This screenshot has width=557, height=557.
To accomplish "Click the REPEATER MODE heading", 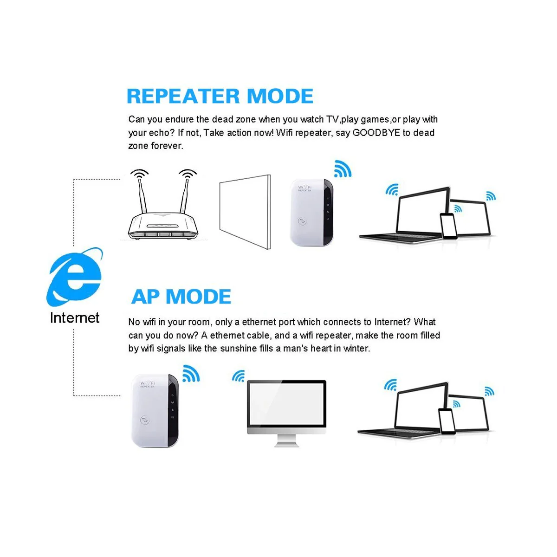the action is coord(220,96).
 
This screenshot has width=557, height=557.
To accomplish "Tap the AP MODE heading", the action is coord(181,297).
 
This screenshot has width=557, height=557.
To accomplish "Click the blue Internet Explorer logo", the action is coord(75,277).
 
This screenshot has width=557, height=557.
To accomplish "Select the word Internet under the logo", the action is coord(75,317).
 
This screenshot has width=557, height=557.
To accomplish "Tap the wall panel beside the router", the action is coord(245,212).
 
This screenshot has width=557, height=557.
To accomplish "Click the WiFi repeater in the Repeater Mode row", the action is coord(311,213).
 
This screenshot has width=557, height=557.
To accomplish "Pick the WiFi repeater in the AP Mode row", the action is coord(155,411).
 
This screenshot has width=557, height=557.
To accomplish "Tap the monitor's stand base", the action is coord(286,445).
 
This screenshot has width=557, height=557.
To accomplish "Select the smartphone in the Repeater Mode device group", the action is coord(448,226).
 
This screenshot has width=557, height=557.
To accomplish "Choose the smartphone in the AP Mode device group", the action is coord(447,421).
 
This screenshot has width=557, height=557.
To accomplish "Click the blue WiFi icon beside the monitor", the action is coord(239,376).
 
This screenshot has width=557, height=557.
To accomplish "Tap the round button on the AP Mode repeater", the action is coord(145,420).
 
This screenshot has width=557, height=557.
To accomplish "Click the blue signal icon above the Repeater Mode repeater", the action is coord(343,169).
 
